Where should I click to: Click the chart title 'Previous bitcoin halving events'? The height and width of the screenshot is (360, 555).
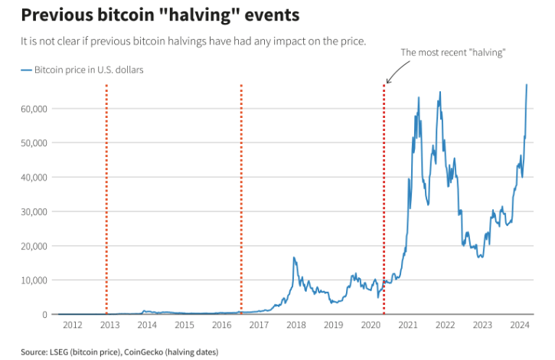click(149, 15)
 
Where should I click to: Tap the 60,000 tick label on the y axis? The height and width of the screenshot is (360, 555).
click(34, 108)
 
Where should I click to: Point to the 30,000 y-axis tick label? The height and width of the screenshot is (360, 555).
click(34, 211)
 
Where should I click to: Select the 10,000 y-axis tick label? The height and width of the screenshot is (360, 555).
click(34, 280)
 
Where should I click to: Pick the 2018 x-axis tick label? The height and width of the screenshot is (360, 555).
click(296, 326)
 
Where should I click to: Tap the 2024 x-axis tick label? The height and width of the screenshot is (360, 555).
click(520, 326)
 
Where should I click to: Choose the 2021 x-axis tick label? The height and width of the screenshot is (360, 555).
click(408, 326)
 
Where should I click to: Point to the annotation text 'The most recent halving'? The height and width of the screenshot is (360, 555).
click(454, 52)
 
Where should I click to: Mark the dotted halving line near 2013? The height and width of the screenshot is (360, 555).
click(106, 199)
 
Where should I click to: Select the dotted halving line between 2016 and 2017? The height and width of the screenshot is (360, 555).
click(241, 199)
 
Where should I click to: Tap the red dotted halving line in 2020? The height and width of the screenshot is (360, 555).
click(384, 199)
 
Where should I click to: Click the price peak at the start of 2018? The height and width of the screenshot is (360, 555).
click(294, 259)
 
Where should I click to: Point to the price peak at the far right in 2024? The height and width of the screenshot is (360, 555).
click(526, 85)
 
